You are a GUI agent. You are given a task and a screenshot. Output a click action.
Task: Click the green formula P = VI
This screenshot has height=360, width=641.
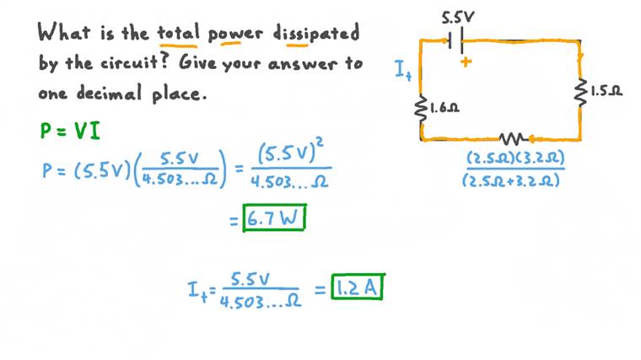(71, 131)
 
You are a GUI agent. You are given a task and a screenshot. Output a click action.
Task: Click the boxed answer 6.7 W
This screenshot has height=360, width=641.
(275, 218)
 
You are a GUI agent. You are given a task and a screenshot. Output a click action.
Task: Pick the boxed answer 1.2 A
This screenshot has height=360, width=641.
(358, 287)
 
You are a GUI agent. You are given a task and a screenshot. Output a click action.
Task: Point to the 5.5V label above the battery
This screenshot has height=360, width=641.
(458, 16)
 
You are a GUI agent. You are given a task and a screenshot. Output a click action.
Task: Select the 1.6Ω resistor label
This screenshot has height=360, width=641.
(444, 108)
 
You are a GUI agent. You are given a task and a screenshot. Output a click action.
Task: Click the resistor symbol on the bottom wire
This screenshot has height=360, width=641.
(512, 138)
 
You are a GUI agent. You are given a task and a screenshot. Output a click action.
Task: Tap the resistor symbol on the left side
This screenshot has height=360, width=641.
(421, 108)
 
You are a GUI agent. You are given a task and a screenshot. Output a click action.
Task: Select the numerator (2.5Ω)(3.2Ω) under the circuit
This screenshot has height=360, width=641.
(515, 159)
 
